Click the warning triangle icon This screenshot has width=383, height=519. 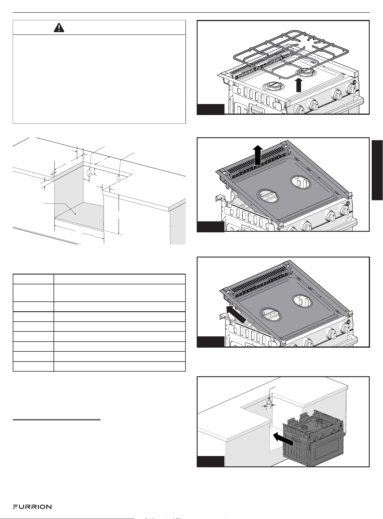pyautogui.click(x=59, y=27)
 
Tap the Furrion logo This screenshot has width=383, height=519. pyautogui.click(x=33, y=507)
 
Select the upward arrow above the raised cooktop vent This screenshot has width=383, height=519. pyautogui.click(x=257, y=155)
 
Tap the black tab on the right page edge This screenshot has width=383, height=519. pyautogui.click(x=377, y=170)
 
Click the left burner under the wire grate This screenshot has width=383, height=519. pyautogui.click(x=272, y=86)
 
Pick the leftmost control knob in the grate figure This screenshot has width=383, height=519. pyautogui.click(x=299, y=110)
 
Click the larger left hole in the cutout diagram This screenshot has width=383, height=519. pyautogui.click(x=89, y=173)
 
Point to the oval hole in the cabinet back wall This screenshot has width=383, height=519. pyautogui.click(x=269, y=403)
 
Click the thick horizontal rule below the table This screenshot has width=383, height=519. pyautogui.click(x=57, y=419)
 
